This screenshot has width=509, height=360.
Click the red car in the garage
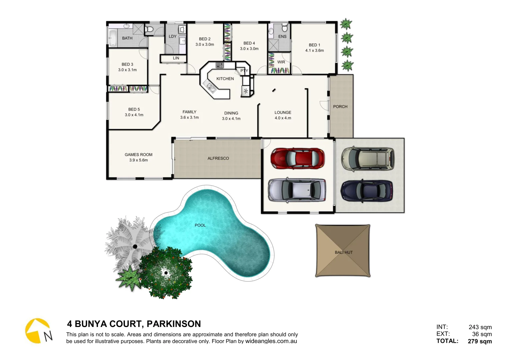pos(297,158)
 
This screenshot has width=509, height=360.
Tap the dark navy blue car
pos(367,191)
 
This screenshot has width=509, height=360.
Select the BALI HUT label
pos(343,252)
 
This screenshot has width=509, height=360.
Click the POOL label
pos(200,225)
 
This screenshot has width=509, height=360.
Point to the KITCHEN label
pos(225,79)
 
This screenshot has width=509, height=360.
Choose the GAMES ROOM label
pos(138,155)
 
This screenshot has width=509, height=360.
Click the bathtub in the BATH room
pos(113,39)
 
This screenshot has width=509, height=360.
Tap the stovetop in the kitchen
pos(219,65)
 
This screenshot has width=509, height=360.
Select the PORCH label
pos(340,107)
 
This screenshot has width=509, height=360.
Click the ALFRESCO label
pos(218,158)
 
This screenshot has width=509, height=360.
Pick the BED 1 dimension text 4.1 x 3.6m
pos(314,51)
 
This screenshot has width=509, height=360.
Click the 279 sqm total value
pos(480,341)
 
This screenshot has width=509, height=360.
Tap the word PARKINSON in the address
pos(174,324)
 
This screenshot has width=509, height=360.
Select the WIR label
pos(281,62)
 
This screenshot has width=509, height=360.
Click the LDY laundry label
pos(172,36)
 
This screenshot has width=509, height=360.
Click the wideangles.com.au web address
pos(271,341)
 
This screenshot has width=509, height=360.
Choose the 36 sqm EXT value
pos(482,334)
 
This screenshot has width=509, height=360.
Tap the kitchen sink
pos(211,87)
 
